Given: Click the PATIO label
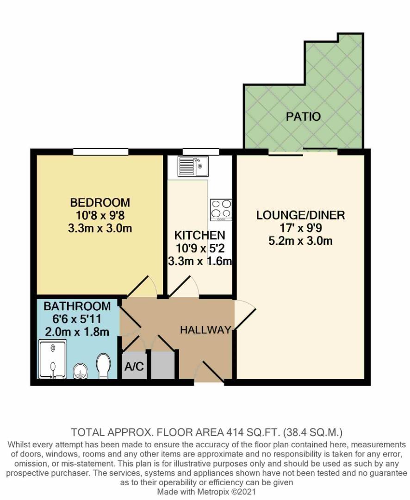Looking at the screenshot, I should [x=303, y=116].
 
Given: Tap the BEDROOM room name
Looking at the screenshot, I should [x=100, y=202].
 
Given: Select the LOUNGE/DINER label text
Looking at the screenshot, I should [x=301, y=215].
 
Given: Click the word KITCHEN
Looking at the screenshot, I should [x=199, y=235].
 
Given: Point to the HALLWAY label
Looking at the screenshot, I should [x=205, y=330].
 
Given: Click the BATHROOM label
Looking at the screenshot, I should [x=77, y=306].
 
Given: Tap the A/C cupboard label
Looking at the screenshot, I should [x=134, y=367].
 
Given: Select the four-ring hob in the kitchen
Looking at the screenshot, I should [x=221, y=209].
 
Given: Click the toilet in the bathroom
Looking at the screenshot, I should [x=104, y=366].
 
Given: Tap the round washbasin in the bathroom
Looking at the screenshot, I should [x=80, y=370].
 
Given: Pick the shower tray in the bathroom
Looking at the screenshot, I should [x=53, y=359].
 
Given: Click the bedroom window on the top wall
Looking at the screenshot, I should [x=100, y=152].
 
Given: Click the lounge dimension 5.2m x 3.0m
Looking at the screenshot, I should [x=301, y=241].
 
